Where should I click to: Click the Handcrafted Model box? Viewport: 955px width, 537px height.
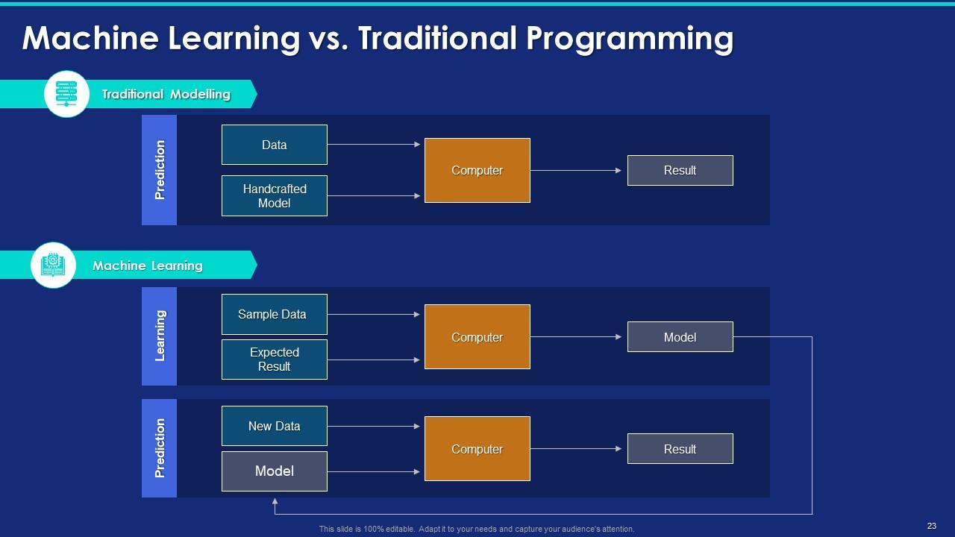tap(274, 196)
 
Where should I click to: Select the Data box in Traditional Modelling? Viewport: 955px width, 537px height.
tap(274, 145)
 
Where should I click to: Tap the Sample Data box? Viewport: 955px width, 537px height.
tap(274, 314)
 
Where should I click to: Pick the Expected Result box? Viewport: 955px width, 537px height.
tap(274, 359)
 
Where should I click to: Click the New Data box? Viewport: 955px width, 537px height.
tap(274, 426)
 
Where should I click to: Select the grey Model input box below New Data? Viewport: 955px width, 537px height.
tap(274, 471)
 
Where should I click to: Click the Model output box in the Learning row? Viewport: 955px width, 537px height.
tap(680, 337)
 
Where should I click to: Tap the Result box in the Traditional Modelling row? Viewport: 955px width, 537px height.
tap(680, 170)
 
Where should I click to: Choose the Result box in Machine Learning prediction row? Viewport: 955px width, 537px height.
tap(680, 449)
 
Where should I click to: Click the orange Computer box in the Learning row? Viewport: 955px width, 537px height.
tap(477, 337)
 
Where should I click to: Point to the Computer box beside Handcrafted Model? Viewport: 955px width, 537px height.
tap(477, 170)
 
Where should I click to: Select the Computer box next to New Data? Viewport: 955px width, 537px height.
tap(477, 449)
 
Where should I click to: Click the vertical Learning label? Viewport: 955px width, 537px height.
tap(160, 336)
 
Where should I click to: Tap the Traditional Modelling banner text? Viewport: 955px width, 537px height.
tap(166, 95)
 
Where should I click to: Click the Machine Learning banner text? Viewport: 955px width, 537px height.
tap(147, 266)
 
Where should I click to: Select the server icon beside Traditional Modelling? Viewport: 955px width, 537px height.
tap(66, 94)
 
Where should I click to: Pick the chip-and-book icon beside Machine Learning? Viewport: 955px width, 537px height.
tap(53, 265)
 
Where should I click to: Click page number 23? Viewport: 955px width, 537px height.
tap(931, 526)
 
